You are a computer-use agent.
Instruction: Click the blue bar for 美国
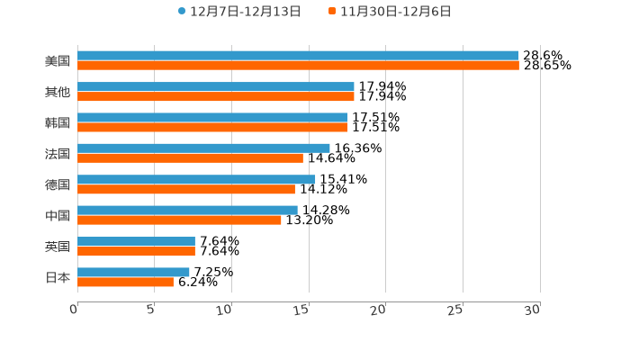click(298, 56)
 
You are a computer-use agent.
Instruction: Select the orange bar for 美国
click(298, 66)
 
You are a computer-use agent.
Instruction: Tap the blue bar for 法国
click(203, 148)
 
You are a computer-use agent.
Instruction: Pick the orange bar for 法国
click(190, 158)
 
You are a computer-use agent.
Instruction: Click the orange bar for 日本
click(125, 283)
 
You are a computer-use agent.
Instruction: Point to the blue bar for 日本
click(133, 272)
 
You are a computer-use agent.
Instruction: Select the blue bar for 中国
click(187, 210)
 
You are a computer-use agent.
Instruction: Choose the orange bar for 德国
click(186, 190)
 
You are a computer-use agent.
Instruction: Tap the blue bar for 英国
click(136, 241)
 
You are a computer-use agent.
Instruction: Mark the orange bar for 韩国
click(212, 127)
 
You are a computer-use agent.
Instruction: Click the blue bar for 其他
click(216, 86)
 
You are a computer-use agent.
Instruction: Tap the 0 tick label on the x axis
click(74, 310)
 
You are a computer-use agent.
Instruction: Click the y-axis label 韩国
click(58, 122)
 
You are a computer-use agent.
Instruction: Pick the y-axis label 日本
click(58, 277)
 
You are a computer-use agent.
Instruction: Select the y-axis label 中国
click(58, 215)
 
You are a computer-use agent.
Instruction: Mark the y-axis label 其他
click(58, 92)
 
